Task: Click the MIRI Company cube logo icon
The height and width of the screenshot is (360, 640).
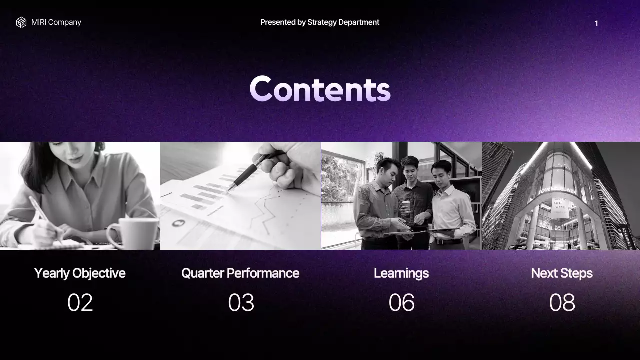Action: [x=21, y=22]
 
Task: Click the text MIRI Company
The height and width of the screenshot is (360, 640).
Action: [x=56, y=22]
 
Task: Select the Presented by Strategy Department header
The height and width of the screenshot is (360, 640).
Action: [x=320, y=22]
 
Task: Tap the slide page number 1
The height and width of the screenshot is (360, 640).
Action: [x=596, y=24]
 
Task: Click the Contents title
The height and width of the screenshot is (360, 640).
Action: [x=320, y=89]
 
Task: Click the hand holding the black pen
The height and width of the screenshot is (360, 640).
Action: [x=292, y=167]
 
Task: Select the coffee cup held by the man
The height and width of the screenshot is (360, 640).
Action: [x=406, y=207]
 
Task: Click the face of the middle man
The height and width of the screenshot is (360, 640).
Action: [x=410, y=167]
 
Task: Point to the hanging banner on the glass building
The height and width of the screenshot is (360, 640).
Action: [x=559, y=207]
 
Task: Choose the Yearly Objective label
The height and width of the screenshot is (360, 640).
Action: [x=80, y=273]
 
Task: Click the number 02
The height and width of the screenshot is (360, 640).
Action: [x=80, y=303]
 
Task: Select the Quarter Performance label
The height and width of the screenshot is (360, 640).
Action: [x=240, y=273]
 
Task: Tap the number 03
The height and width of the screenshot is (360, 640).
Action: [x=241, y=303]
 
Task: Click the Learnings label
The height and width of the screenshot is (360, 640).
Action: [x=401, y=273]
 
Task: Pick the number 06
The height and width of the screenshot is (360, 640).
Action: [x=401, y=303]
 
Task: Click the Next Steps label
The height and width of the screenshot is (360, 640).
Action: [x=562, y=273]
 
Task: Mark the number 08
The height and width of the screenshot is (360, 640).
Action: [x=562, y=303]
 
